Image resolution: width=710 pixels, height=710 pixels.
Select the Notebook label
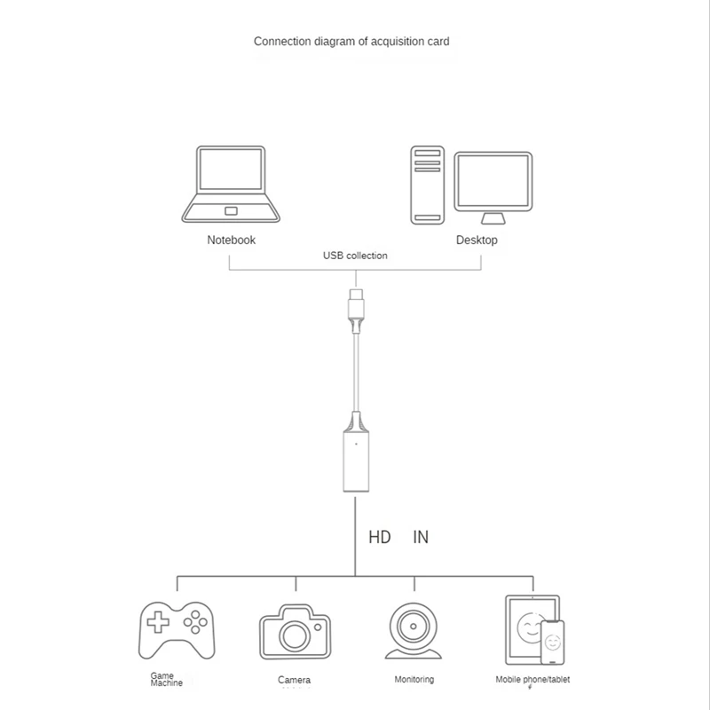point(231,240)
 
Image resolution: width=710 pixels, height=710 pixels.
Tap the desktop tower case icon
point(426,185)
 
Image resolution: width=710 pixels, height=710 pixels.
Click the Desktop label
point(477,240)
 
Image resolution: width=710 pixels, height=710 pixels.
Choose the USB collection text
point(355,256)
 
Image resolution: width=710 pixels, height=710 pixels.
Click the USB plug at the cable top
point(355,306)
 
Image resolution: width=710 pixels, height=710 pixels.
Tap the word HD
point(380,538)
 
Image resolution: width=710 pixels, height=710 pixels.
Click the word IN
point(421,538)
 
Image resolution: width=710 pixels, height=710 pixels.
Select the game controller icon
point(177,629)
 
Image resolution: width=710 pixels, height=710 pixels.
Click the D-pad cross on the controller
point(158,622)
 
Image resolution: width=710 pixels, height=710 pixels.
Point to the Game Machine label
point(167,679)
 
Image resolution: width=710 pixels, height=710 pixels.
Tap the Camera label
point(294,680)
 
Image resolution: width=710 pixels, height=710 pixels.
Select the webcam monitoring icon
point(414,630)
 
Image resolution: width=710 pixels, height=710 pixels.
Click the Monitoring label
point(414,680)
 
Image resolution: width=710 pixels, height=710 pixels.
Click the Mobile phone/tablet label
point(532,680)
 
